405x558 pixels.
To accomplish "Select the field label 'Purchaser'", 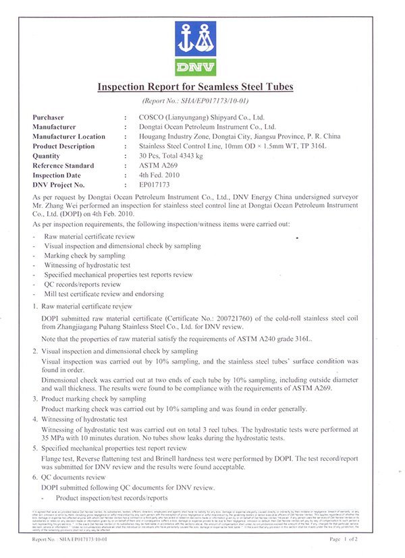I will pos(47,117).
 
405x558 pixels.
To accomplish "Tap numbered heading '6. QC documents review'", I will pos(67,477).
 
